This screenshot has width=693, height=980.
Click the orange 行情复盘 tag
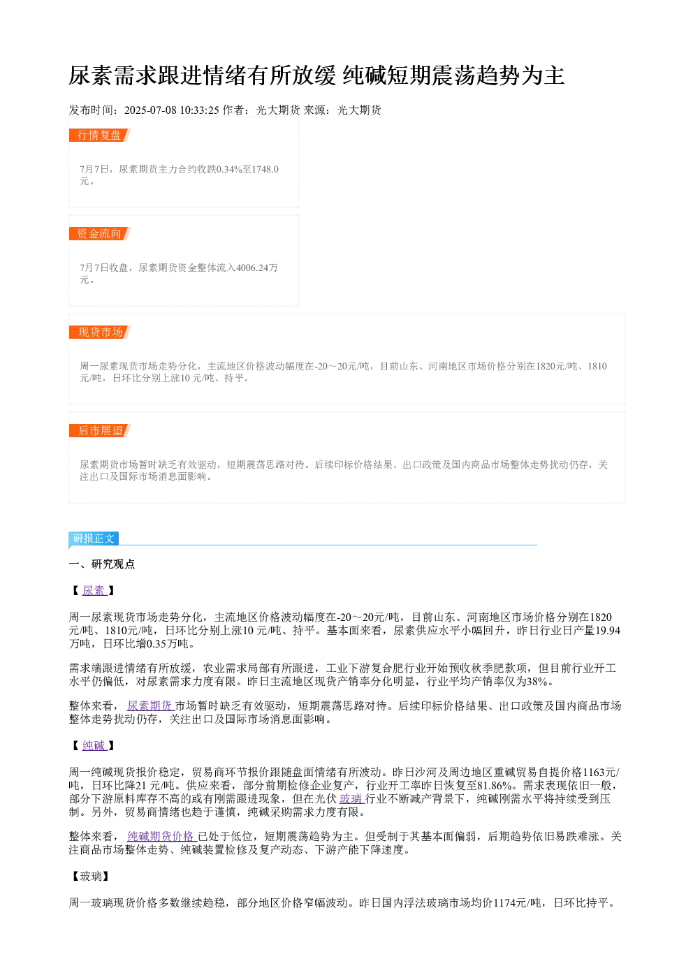100,135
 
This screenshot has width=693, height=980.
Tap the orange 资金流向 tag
100,233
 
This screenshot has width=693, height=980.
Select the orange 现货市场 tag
100,332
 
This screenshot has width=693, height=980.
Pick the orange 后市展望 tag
100,430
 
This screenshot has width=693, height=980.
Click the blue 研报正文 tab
94,538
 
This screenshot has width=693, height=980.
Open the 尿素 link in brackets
94,591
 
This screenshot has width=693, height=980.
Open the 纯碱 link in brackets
94,745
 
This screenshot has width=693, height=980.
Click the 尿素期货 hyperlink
150,705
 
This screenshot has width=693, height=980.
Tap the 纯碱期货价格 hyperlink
162,837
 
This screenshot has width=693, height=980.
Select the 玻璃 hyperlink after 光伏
352,799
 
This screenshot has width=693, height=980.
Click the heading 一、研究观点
102,564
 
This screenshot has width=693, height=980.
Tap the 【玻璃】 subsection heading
91,877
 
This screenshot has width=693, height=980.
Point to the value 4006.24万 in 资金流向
256,268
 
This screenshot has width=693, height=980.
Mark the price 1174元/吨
517,902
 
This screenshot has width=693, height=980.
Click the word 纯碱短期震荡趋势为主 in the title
453,75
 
